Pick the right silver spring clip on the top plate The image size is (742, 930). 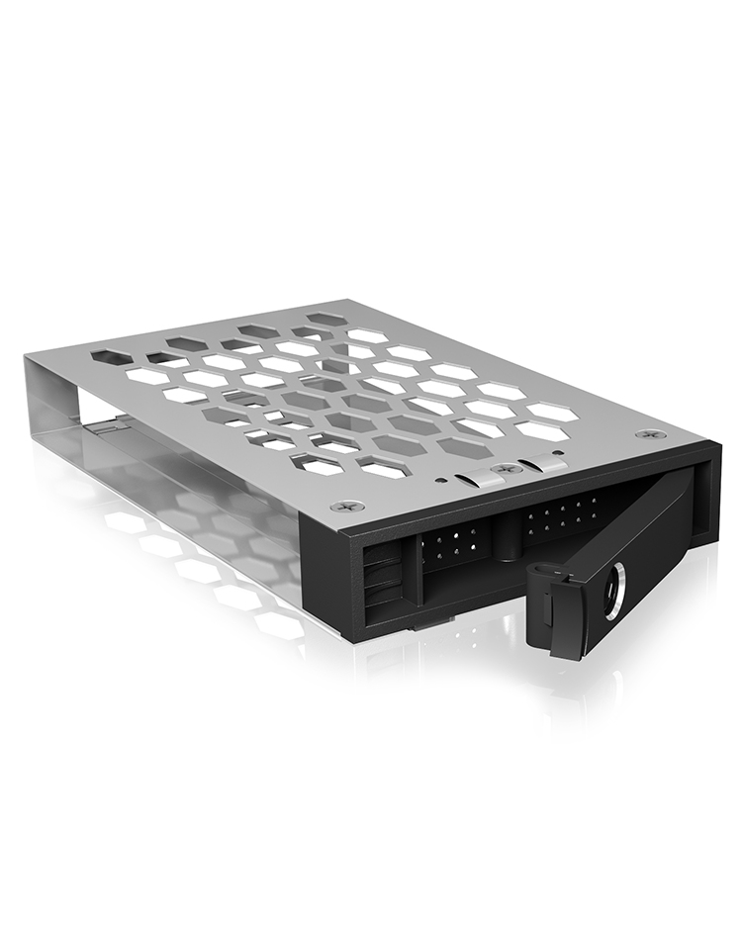(x=543, y=463)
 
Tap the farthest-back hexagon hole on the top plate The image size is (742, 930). (x=322, y=319)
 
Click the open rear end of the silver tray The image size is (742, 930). (x=59, y=396)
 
